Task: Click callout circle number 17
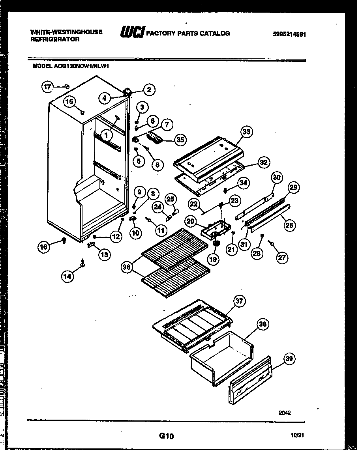click(x=47, y=87)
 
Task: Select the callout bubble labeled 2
click(x=148, y=90)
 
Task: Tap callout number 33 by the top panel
click(x=247, y=132)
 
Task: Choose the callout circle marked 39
click(x=289, y=359)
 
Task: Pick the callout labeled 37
click(x=239, y=301)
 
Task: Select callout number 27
click(x=282, y=258)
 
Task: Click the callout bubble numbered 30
click(x=277, y=177)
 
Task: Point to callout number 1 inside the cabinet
click(x=106, y=135)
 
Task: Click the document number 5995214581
click(x=289, y=34)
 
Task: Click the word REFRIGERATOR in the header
click(x=55, y=39)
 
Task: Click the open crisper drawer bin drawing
click(x=221, y=357)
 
